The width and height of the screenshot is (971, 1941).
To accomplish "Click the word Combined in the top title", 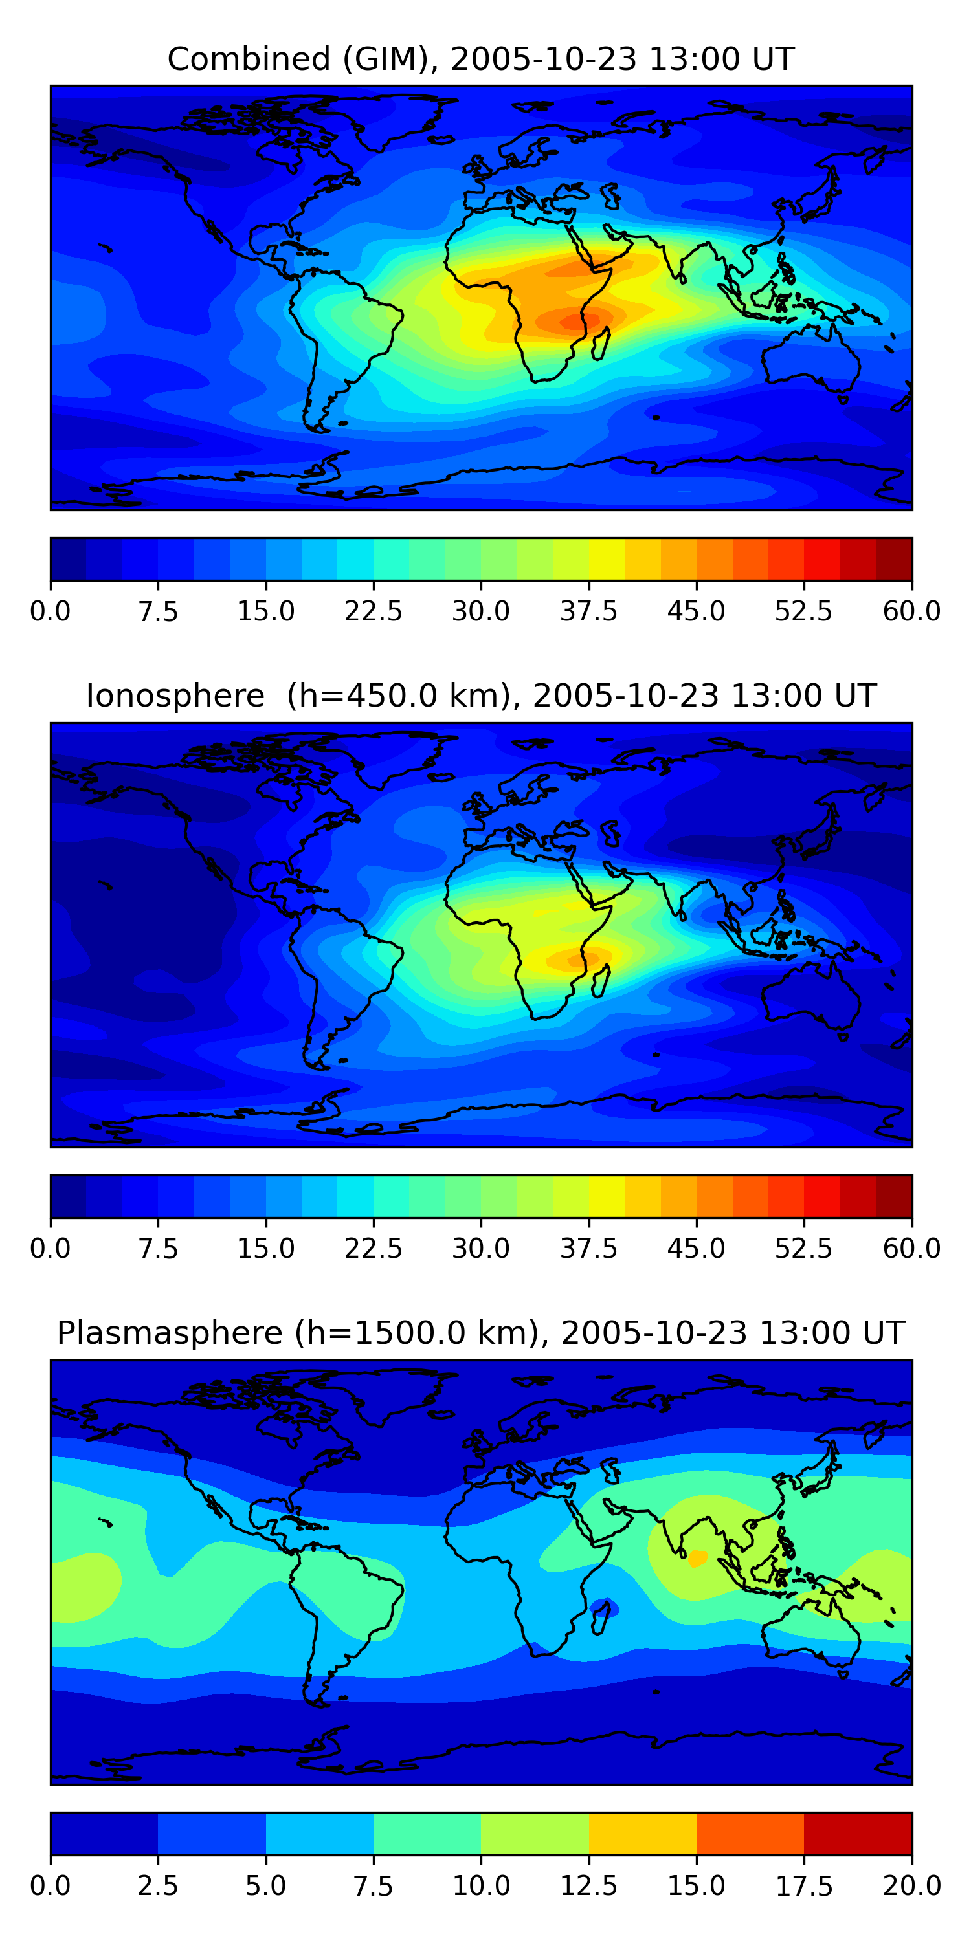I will [249, 59].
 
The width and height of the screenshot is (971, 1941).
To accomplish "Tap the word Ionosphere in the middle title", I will [175, 696].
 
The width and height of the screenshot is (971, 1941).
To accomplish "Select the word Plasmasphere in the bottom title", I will [170, 1333].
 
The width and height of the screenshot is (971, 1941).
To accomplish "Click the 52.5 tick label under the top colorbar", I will [803, 611].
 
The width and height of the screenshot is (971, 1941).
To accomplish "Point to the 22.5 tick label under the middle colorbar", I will [373, 1249].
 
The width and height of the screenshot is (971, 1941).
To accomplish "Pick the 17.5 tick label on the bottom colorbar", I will [803, 1886].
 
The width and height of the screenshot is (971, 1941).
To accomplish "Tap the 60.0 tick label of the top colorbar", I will [911, 611].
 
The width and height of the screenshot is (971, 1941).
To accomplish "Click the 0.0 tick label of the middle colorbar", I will [50, 1249].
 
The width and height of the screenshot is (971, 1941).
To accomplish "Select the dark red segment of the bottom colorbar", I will [858, 1833].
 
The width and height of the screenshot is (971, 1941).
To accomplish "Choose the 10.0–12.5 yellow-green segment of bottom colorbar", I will [535, 1833].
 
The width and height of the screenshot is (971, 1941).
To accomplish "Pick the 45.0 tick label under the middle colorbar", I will [696, 1249].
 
